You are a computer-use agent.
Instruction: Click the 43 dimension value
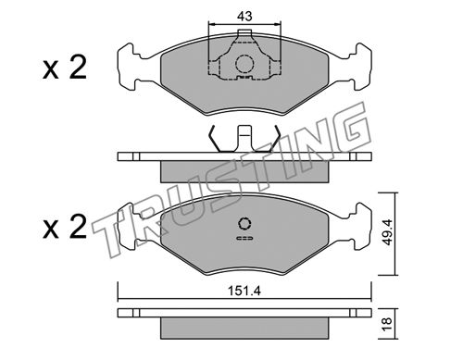[x=244, y=16]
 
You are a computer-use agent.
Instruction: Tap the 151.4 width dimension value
[x=244, y=291]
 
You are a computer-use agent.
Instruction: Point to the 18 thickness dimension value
[x=387, y=324]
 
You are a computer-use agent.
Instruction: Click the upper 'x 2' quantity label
[x=65, y=68]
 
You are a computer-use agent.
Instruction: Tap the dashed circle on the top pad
[x=244, y=64]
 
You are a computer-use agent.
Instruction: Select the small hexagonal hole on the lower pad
[x=244, y=223]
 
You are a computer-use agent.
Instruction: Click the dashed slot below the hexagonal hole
[x=244, y=238]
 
